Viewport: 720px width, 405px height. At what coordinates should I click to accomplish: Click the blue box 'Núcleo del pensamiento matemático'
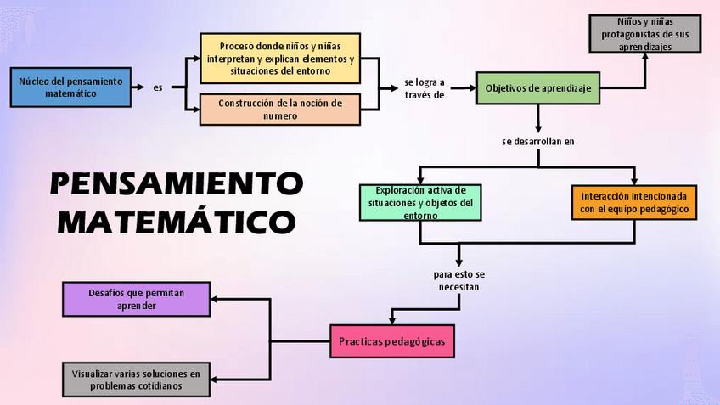[x=70, y=87]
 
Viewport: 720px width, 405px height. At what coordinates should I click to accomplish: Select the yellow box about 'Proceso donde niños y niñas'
[x=279, y=58]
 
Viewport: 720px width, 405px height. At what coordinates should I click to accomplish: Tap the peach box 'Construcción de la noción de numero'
[x=279, y=110]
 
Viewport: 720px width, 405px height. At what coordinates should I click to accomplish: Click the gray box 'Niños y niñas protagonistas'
[x=645, y=34]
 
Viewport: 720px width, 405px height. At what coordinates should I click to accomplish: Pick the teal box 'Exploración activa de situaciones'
[x=420, y=202]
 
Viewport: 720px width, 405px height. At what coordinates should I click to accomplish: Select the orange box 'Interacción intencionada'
[x=633, y=202]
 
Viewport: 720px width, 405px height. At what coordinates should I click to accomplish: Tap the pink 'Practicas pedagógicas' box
[x=391, y=341]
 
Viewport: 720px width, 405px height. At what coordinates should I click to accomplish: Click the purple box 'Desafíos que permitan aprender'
[x=136, y=299]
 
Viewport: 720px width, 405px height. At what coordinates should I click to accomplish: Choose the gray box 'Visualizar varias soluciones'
[x=136, y=380]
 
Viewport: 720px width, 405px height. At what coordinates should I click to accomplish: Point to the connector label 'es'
[x=158, y=87]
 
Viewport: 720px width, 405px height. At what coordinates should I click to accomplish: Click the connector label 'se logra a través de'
[x=425, y=88]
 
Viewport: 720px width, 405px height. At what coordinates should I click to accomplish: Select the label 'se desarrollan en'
[x=538, y=141]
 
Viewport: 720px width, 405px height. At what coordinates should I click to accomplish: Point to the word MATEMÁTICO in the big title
[x=176, y=222]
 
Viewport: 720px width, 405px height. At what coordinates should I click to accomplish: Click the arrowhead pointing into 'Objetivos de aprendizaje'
[x=471, y=87]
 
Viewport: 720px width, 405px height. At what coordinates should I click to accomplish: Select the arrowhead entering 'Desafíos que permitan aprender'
[x=215, y=299]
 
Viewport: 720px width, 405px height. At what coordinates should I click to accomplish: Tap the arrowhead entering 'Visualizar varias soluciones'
[x=215, y=380]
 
